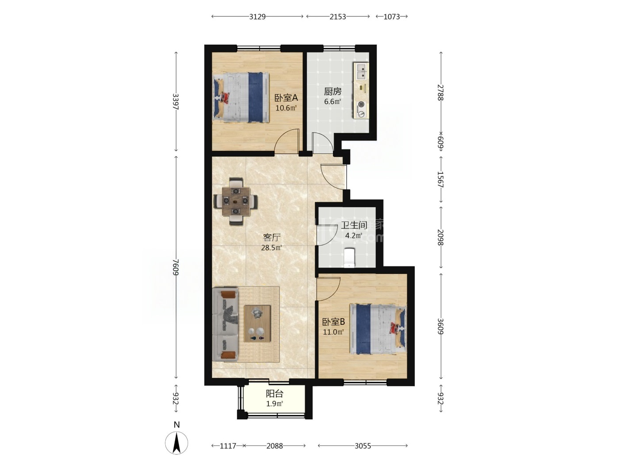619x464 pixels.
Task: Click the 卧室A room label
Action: click(286, 98)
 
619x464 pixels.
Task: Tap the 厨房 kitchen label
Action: click(332, 91)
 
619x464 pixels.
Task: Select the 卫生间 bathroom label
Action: click(354, 225)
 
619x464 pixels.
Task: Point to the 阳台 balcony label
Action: click(275, 394)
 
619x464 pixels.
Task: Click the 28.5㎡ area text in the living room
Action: click(271, 248)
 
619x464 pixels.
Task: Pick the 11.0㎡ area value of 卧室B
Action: click(333, 332)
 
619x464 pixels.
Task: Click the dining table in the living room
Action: click(236, 201)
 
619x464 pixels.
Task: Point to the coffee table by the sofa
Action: click(257, 324)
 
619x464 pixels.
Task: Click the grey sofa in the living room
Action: click(225, 324)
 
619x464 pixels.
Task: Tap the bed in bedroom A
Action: click(241, 98)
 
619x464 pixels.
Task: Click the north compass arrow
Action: click(176, 443)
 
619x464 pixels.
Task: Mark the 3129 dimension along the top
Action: click(257, 17)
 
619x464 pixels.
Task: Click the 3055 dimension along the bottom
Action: click(363, 446)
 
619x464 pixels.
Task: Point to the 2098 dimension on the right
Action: click(440, 237)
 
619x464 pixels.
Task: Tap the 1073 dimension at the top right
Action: click(392, 17)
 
